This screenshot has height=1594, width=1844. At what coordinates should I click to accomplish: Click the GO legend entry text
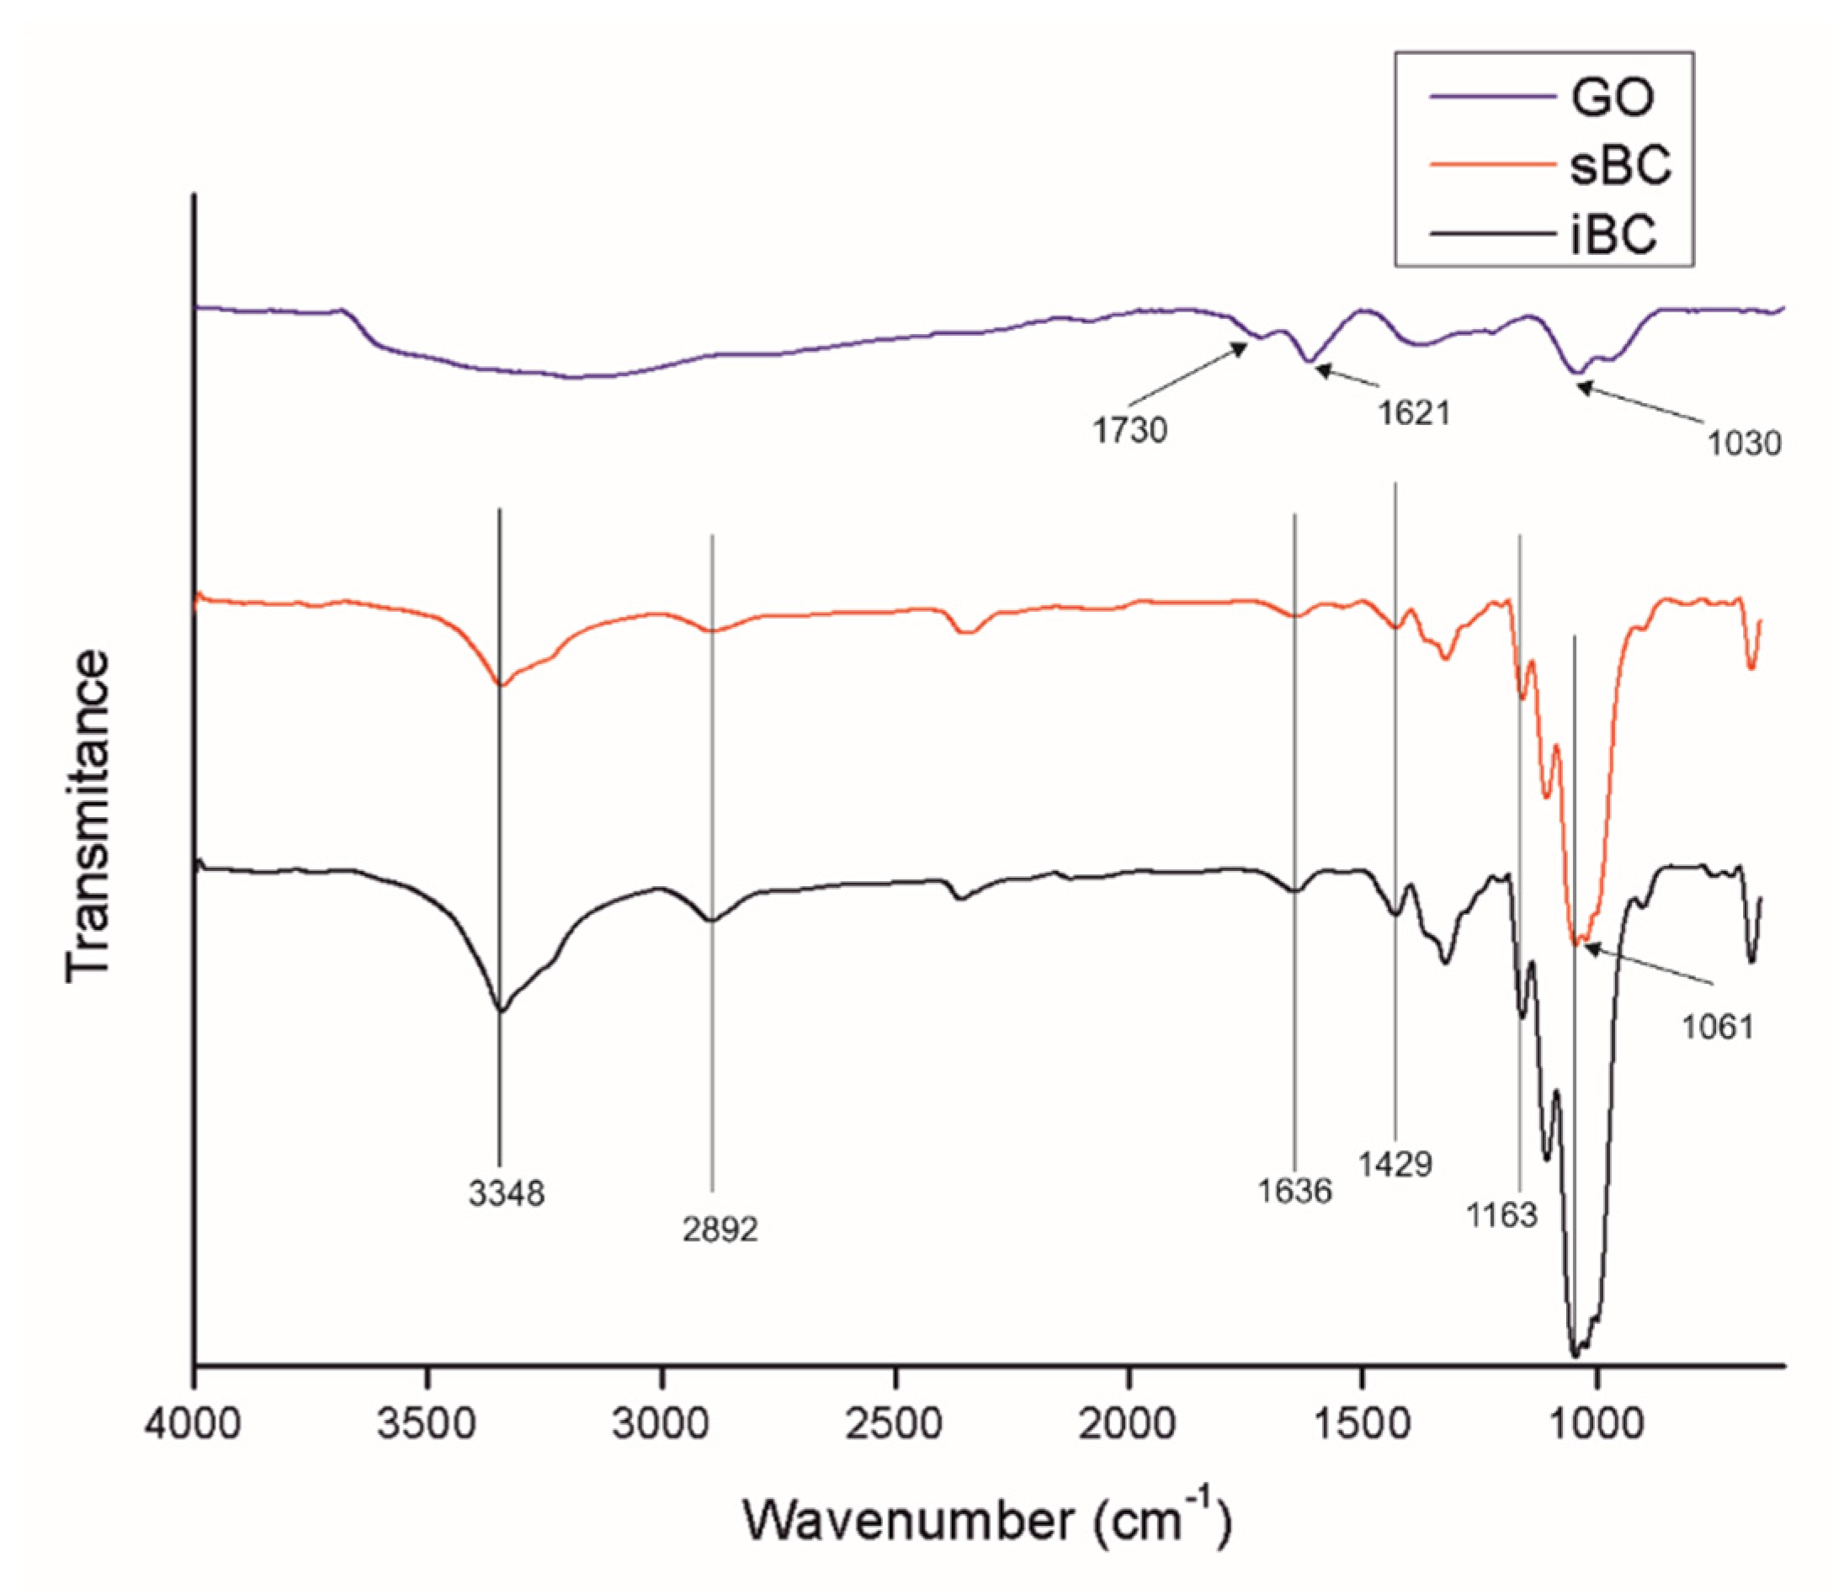pos(1612,97)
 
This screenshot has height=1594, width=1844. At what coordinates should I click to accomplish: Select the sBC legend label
pos(1620,166)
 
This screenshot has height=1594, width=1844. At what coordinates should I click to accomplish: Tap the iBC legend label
pos(1613,235)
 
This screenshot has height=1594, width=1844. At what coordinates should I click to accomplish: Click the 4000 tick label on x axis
pos(193,1425)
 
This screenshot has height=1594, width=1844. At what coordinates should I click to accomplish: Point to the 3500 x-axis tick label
pos(428,1425)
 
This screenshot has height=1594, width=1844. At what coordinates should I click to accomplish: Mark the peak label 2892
pos(720,1230)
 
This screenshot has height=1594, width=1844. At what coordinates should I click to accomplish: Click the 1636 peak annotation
pos(1294,1191)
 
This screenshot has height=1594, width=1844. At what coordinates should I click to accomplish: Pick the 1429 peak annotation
pos(1395,1164)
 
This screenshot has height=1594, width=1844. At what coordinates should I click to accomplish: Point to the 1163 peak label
pos(1502,1215)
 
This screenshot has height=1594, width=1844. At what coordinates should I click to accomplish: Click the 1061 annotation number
pos(1717,1027)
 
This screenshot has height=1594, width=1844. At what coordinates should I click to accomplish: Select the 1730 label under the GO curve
pos(1129,431)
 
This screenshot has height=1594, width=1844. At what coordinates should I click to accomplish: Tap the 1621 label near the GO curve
pos(1414,413)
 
